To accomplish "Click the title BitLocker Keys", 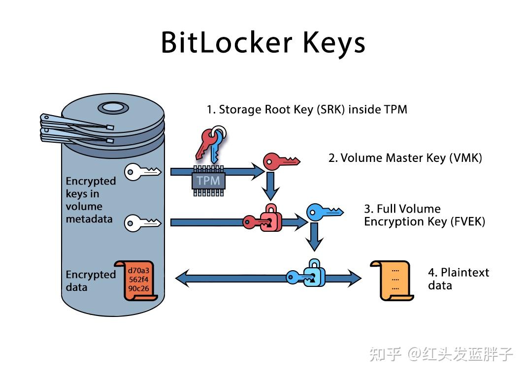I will (263, 43).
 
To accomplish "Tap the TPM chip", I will (208, 180).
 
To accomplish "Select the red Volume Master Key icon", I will (280, 161).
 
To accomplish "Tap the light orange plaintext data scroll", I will (391, 280).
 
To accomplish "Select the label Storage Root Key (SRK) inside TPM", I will (306, 109).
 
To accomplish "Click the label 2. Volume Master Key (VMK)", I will (405, 158).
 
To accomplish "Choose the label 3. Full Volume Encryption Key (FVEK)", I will (424, 215).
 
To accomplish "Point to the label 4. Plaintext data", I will (458, 279).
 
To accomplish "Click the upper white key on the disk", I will (142, 171).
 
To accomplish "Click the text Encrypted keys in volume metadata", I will (91, 200).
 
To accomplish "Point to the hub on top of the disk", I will (113, 107).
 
